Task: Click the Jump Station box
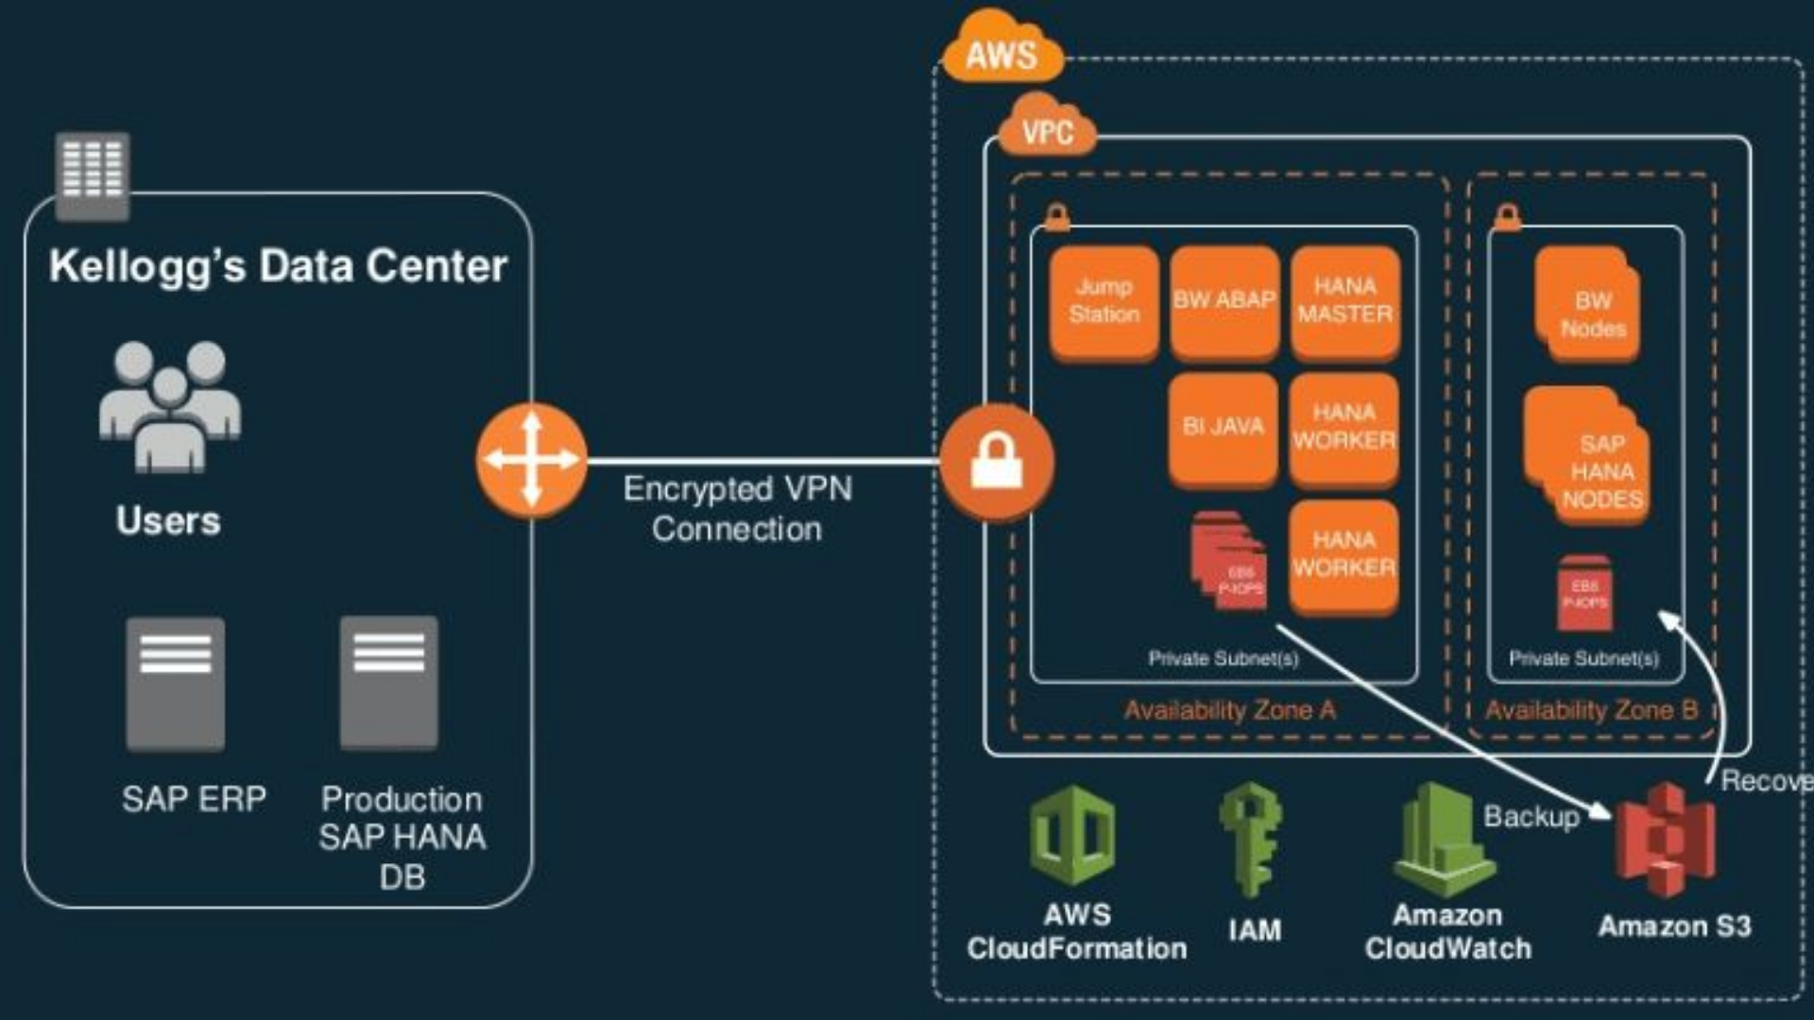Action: (x=1104, y=302)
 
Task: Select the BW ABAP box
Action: (x=1224, y=302)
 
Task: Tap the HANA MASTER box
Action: (x=1344, y=302)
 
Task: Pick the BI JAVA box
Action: (x=1223, y=428)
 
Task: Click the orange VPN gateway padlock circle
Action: (x=997, y=462)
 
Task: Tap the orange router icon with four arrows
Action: (x=531, y=460)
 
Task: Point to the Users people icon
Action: (x=170, y=406)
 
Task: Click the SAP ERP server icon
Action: (x=176, y=684)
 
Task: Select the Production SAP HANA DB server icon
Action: (x=389, y=682)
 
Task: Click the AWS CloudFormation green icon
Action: (x=1072, y=836)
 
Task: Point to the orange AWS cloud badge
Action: (x=1001, y=49)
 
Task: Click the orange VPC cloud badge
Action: (x=1047, y=128)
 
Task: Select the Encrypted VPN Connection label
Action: (x=737, y=509)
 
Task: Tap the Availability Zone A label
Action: (x=1229, y=710)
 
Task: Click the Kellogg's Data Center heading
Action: (x=278, y=266)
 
